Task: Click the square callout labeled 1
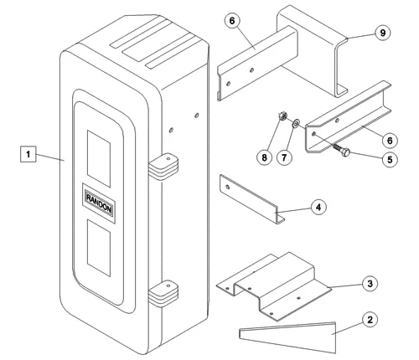tap(28, 154)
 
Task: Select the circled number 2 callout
tap(370, 320)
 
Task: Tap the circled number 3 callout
tap(370, 284)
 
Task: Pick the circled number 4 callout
tap(318, 207)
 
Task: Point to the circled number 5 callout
tap(390, 159)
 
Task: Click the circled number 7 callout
tap(284, 157)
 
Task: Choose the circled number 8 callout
tap(264, 157)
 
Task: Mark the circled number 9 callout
tap(382, 33)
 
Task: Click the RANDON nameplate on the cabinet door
tap(99, 203)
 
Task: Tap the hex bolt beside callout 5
tap(341, 150)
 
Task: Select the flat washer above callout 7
tap(296, 123)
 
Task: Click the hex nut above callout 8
tap(282, 116)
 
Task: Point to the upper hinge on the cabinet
tap(163, 167)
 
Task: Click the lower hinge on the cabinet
tap(163, 294)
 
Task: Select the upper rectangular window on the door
tap(99, 158)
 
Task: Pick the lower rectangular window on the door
tap(99, 248)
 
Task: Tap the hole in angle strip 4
tap(228, 187)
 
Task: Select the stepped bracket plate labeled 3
tap(275, 287)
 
